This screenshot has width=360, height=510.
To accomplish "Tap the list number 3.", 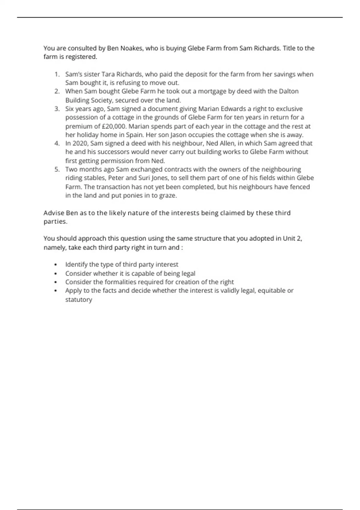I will point(57,109).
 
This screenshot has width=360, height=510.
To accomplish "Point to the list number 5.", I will point(57,169).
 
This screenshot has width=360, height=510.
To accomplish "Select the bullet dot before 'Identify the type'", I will point(55,265).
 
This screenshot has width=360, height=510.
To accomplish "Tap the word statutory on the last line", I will point(79,299).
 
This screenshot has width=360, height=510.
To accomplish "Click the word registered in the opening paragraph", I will point(81,57).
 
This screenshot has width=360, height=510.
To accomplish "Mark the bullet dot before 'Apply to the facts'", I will point(55,291).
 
